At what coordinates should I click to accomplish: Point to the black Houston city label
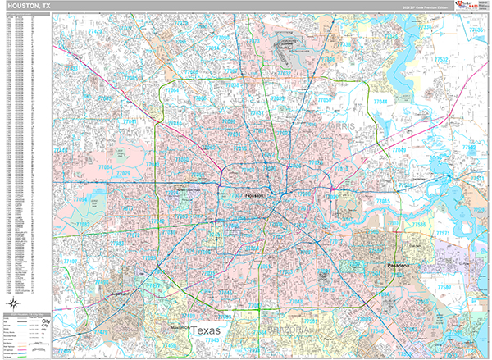click(x=255, y=196)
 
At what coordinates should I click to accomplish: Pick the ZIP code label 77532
click(x=442, y=59)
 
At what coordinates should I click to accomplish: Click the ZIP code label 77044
click(x=380, y=100)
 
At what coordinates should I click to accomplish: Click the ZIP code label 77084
click(x=79, y=199)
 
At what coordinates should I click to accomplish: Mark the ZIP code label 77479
click(x=101, y=331)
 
